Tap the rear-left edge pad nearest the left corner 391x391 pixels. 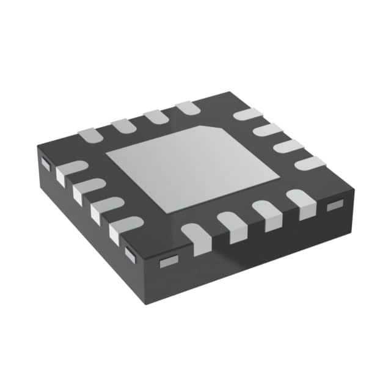(90, 134)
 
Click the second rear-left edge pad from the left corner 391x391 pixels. (123, 125)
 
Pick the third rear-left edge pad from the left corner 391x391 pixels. (156, 116)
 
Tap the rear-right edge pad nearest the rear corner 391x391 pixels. (247, 114)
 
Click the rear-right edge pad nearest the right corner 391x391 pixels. (310, 163)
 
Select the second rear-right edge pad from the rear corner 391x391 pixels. (268, 130)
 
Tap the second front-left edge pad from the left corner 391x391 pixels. (87, 189)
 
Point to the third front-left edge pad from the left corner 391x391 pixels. (104, 208)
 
